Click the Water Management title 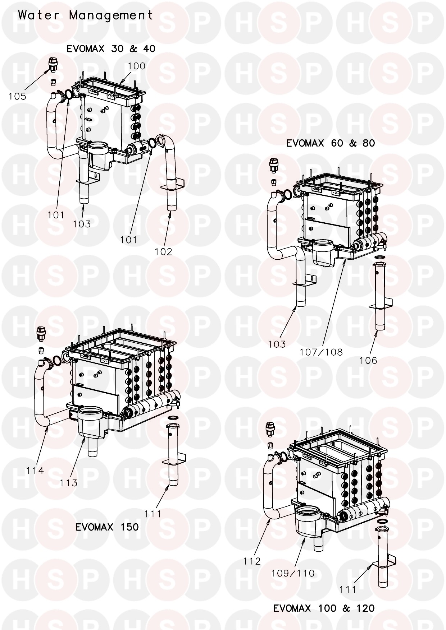coord(86,15)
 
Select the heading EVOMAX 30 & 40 coord(111,48)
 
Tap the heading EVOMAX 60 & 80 coord(331,143)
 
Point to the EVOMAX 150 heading coord(107,527)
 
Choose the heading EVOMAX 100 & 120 coord(324,608)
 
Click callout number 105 coord(18,96)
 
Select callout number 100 coord(137,66)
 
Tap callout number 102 coord(164,252)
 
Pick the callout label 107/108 coord(321,352)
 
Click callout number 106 coord(368,360)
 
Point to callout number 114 coord(35,471)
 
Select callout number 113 coord(69,483)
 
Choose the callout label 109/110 coord(293,573)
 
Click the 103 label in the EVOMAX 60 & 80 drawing coord(277,344)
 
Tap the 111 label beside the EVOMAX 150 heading coord(153,514)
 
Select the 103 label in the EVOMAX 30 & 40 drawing coord(82,224)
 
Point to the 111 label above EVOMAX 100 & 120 coord(348,589)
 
